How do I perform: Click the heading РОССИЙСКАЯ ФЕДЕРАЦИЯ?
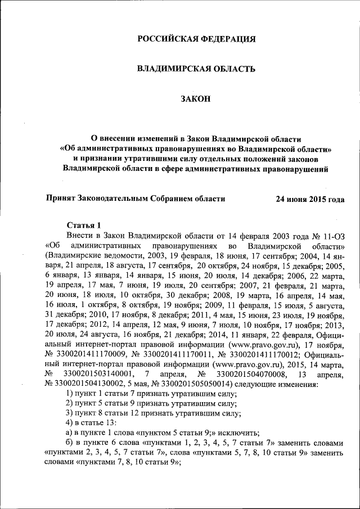[x=197, y=39]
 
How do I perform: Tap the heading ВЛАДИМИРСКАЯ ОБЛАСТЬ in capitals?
[x=197, y=69]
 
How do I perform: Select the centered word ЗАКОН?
[x=196, y=99]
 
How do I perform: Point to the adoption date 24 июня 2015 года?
[x=309, y=199]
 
